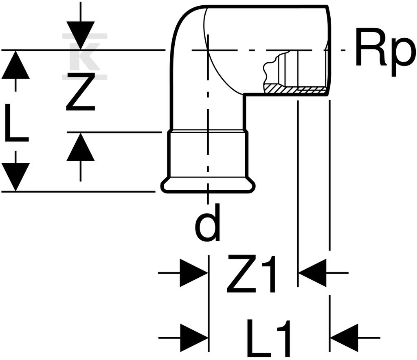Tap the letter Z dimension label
tap(81, 92)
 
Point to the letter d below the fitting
tap(208, 223)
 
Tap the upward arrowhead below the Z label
tap(81, 147)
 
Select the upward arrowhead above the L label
tap(15, 65)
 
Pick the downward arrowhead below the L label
tap(15, 177)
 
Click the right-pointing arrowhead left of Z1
tap(194, 273)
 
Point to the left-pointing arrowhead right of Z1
tap(313, 273)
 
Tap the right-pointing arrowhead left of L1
tap(194, 338)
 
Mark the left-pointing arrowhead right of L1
tap(344, 338)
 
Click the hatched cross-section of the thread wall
tap(295, 89)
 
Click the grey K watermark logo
tap(85, 57)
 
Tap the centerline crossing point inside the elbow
tap(208, 50)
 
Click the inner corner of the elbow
tap(244, 94)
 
